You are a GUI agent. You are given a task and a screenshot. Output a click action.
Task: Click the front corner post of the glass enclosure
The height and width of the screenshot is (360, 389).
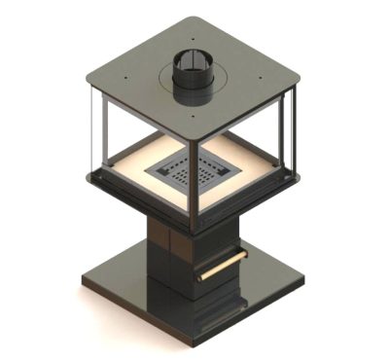[192, 185]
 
